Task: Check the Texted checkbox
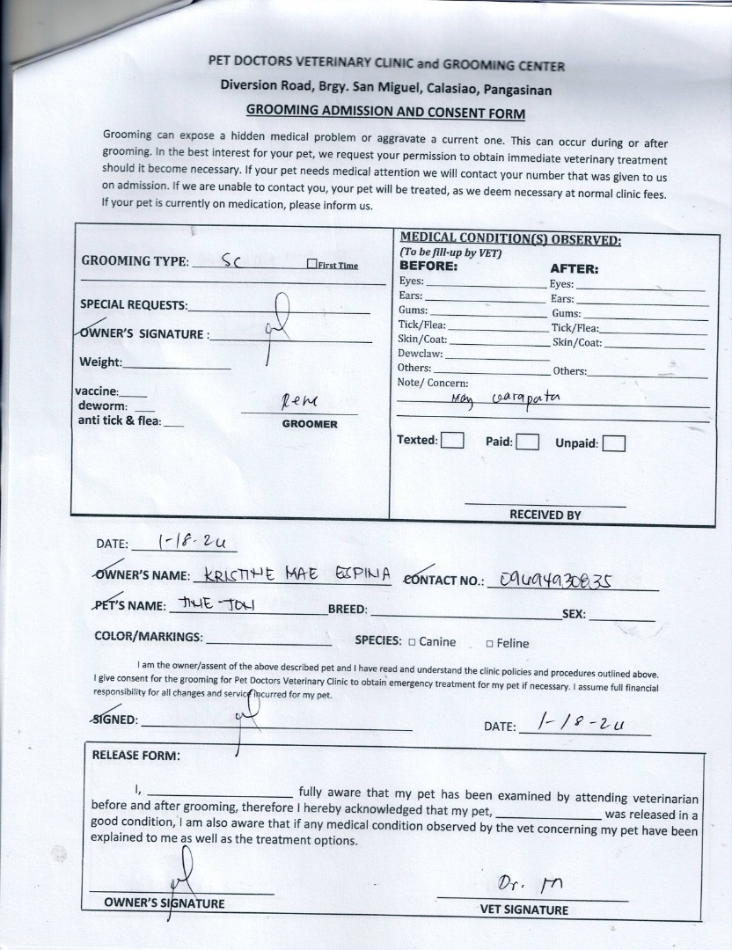(x=452, y=440)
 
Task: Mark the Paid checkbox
(x=528, y=442)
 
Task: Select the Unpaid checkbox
(x=614, y=443)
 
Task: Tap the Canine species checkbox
(x=413, y=642)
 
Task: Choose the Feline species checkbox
(x=489, y=644)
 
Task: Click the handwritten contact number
(x=555, y=579)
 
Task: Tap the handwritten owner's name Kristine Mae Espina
(x=296, y=575)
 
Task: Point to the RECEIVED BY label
(x=545, y=515)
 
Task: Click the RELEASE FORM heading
(x=136, y=756)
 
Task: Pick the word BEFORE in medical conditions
(x=428, y=266)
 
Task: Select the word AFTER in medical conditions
(x=574, y=269)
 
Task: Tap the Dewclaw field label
(x=420, y=354)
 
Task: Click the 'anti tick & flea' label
(x=120, y=420)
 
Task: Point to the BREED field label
(x=348, y=610)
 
